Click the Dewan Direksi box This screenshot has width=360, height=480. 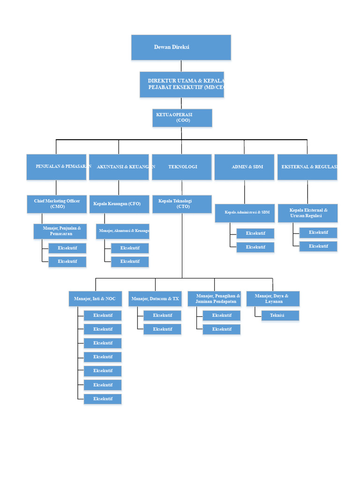click(181, 47)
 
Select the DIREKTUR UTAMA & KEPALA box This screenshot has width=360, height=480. click(182, 84)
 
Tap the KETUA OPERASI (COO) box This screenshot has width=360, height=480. click(182, 118)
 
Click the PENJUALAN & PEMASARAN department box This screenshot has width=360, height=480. click(56, 167)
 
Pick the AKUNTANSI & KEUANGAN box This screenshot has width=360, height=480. click(119, 167)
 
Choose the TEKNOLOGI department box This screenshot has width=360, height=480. click(182, 167)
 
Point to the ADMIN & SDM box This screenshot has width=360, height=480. click(244, 167)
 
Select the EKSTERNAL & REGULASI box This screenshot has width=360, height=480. click(307, 167)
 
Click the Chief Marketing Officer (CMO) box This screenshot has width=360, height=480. click(56, 204)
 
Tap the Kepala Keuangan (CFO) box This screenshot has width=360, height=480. click(119, 204)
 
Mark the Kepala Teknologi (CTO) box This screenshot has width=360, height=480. click(182, 204)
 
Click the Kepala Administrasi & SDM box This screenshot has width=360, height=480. click(244, 213)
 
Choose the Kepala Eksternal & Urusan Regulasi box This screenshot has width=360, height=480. click(307, 213)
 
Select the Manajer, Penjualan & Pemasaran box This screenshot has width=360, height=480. click(60, 231)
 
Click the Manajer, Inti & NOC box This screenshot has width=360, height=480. click(95, 299)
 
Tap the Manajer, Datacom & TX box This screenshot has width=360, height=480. click(155, 299)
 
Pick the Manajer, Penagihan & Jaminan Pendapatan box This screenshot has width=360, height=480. click(214, 299)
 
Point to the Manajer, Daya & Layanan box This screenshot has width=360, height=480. click(273, 299)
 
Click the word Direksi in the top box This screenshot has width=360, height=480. click(180, 47)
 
